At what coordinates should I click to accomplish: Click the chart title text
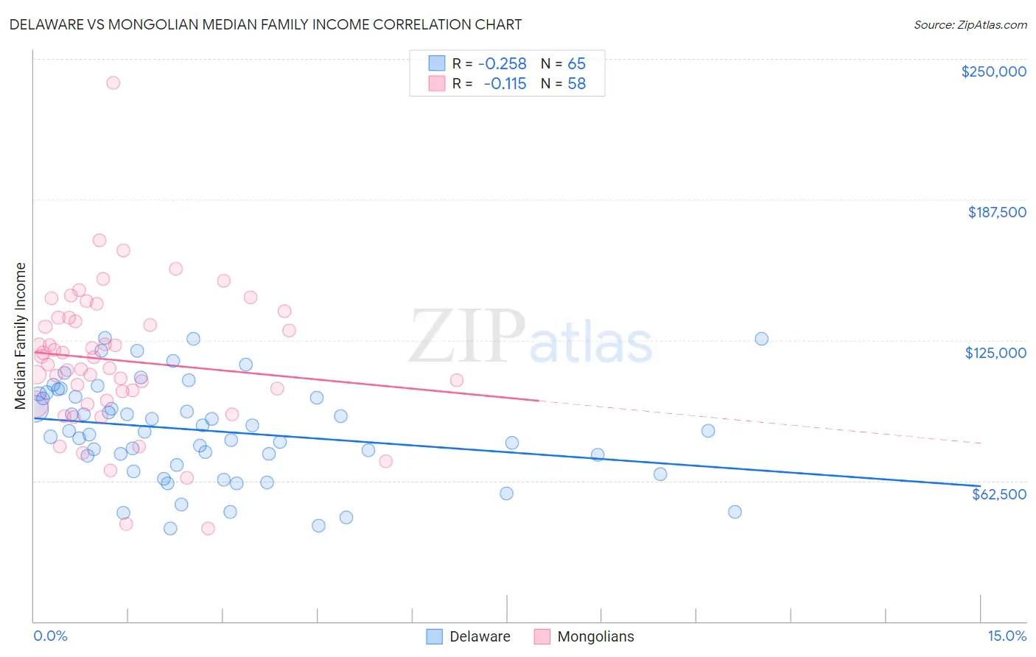pyautogui.click(x=265, y=24)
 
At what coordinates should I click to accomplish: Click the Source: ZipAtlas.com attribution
pyautogui.click(x=970, y=24)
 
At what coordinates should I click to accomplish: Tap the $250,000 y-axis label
pyautogui.click(x=993, y=71)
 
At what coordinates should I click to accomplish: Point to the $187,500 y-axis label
pyautogui.click(x=996, y=212)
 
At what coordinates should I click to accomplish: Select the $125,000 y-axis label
pyautogui.click(x=995, y=353)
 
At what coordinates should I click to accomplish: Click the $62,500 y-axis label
pyautogui.click(x=998, y=493)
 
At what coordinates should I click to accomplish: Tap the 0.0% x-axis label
pyautogui.click(x=50, y=636)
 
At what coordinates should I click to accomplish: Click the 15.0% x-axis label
pyautogui.click(x=1007, y=636)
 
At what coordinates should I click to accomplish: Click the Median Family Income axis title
pyautogui.click(x=21, y=335)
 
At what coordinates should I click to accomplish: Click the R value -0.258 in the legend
pyautogui.click(x=502, y=63)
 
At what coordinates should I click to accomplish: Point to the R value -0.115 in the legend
pyautogui.click(x=505, y=83)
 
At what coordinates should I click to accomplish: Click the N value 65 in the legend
pyautogui.click(x=576, y=63)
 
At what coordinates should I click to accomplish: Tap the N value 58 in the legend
pyautogui.click(x=576, y=83)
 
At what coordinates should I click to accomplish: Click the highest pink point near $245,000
pyautogui.click(x=113, y=82)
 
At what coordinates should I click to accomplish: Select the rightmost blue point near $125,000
pyautogui.click(x=761, y=339)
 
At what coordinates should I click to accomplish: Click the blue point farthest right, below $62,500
pyautogui.click(x=734, y=512)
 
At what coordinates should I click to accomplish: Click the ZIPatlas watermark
pyautogui.click(x=531, y=337)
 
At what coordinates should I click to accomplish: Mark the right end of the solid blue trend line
pyautogui.click(x=980, y=485)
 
